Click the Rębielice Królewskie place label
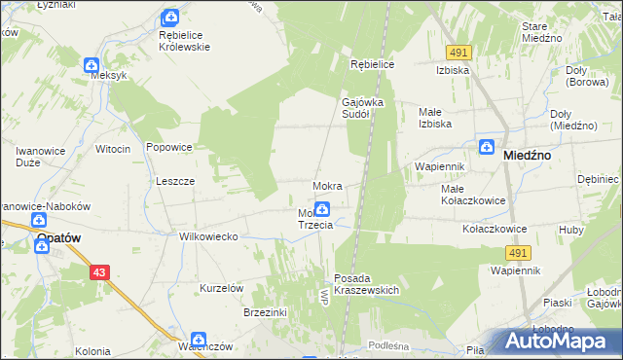pos(184,40)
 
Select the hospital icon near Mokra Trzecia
pos(321,207)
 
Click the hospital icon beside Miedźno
pos(486,147)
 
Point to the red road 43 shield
pos(100,273)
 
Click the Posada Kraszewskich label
pos(367,284)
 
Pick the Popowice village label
pos(168,147)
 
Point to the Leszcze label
pos(176,181)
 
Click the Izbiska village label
pos(455,70)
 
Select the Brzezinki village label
pos(265,312)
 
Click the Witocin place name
pos(113,149)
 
